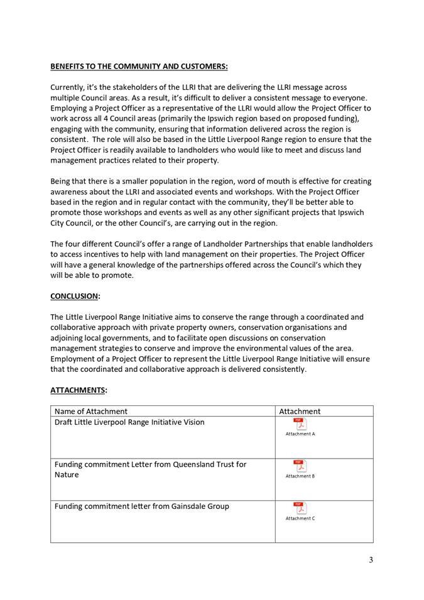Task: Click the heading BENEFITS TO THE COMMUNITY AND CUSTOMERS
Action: click(x=139, y=66)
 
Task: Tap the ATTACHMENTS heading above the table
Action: click(x=78, y=390)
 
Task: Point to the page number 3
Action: click(x=371, y=560)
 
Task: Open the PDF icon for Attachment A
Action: click(x=300, y=424)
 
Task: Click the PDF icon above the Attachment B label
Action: click(x=300, y=466)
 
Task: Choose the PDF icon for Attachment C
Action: click(x=300, y=508)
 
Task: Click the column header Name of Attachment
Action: click(x=91, y=412)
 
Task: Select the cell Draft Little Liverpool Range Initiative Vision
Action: click(x=129, y=422)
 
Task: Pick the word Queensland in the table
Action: click(x=190, y=464)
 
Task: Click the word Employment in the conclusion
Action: click(x=73, y=359)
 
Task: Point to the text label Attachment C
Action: click(x=300, y=518)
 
